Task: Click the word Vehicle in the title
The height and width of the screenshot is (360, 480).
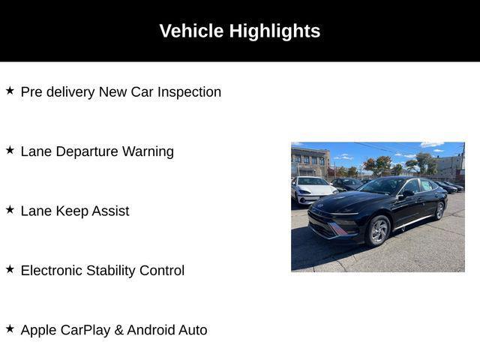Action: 191,31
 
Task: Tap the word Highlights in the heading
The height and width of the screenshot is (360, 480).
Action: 274,31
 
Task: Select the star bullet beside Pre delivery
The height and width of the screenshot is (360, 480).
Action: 10,91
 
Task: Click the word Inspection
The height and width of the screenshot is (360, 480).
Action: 189,92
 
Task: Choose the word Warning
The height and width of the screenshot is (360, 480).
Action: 148,151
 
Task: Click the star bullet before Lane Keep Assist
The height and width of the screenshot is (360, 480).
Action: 10,210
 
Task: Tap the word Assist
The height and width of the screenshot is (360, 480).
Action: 110,211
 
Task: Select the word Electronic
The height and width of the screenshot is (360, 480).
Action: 52,270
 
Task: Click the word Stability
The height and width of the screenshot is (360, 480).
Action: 111,271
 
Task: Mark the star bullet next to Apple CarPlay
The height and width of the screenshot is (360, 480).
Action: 10,328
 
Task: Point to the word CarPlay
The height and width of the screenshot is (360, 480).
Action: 85,330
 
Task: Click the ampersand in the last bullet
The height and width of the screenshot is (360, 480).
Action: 118,330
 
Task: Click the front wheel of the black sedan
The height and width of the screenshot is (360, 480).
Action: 379,231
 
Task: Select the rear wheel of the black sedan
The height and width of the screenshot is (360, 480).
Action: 439,211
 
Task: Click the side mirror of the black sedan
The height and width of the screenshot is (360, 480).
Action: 408,193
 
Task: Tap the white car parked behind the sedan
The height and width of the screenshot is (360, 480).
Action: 312,190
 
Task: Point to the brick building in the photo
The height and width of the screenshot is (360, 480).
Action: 310,161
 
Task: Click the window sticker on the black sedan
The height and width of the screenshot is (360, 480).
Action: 426,185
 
